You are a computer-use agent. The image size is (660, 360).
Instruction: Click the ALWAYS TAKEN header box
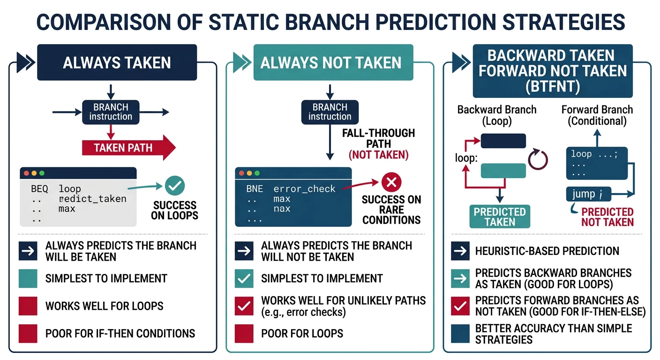tap(117, 62)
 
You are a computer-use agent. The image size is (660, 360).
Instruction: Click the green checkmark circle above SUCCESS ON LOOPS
tap(175, 186)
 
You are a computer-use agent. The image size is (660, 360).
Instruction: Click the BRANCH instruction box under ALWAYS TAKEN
tap(111, 112)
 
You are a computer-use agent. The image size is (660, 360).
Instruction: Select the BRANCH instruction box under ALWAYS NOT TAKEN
tap(330, 112)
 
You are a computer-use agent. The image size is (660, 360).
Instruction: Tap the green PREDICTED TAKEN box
tap(500, 217)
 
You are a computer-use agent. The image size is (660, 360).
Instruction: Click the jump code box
tap(586, 194)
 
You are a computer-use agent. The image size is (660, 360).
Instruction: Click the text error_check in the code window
tap(304, 189)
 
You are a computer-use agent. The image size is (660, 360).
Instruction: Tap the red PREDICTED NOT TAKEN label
tap(607, 217)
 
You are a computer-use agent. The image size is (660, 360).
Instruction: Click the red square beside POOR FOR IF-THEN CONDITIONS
tap(28, 333)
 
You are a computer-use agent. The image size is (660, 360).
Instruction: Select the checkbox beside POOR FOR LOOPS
tap(244, 333)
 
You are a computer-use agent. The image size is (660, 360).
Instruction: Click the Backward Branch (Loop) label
tap(496, 115)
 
